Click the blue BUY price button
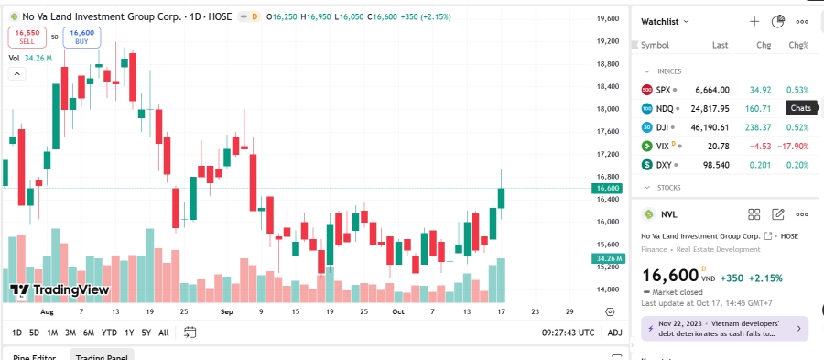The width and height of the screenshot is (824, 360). [81, 37]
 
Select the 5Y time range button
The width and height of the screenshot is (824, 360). [146, 333]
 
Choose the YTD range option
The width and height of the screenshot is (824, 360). [109, 333]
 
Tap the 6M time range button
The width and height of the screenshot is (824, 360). [88, 333]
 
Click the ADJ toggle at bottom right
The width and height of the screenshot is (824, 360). [614, 333]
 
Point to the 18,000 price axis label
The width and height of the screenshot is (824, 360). [608, 109]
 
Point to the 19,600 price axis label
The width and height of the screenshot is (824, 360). [608, 18]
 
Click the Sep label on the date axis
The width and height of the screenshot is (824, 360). [225, 311]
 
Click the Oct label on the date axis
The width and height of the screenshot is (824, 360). [397, 311]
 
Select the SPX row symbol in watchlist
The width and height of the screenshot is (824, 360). [664, 90]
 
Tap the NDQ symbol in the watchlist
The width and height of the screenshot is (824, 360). [666, 109]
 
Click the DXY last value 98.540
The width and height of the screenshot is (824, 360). [713, 165]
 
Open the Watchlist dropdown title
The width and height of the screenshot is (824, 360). [665, 20]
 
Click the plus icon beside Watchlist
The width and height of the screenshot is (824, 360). [754, 20]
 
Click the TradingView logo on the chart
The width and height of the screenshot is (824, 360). [60, 290]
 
